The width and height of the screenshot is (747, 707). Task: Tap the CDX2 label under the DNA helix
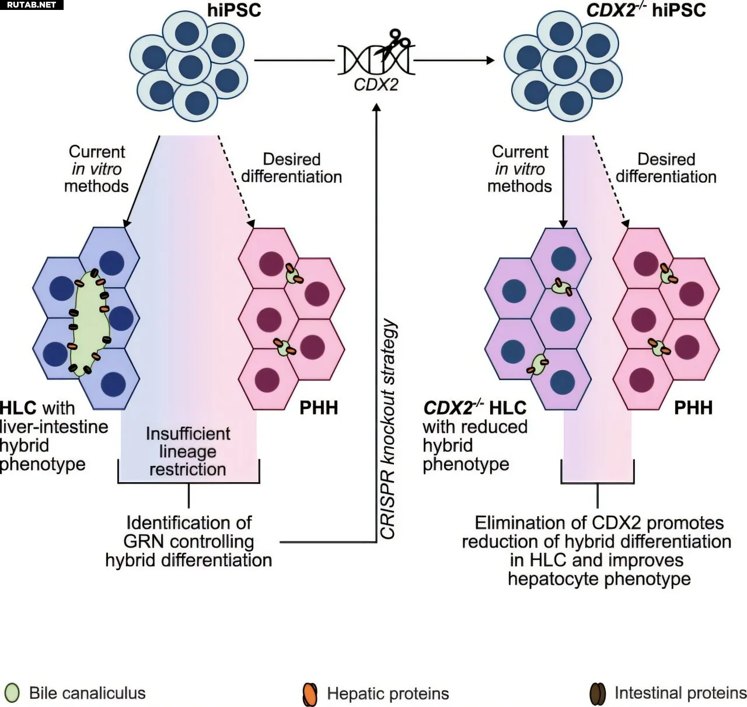click(x=376, y=85)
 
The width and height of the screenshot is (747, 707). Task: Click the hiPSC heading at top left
click(x=234, y=10)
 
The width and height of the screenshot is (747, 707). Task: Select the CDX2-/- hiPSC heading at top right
click(x=646, y=10)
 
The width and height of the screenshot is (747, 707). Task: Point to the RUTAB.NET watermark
click(x=32, y=5)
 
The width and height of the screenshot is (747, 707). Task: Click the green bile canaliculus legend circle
click(x=12, y=693)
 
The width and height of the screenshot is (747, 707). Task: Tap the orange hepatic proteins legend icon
click(x=310, y=694)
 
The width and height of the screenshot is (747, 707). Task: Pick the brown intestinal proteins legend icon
click(x=597, y=694)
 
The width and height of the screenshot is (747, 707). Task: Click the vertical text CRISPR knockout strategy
click(x=389, y=429)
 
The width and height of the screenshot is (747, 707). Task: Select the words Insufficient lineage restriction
click(x=188, y=451)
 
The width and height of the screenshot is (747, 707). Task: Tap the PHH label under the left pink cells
click(x=319, y=408)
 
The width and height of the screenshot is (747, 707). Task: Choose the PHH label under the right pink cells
click(x=693, y=408)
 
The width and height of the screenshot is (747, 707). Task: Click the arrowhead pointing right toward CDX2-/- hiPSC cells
click(x=490, y=60)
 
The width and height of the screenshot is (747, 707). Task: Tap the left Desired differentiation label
click(x=291, y=168)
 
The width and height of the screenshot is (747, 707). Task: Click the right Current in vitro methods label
click(x=519, y=169)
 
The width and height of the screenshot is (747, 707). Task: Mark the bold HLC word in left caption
click(x=18, y=408)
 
